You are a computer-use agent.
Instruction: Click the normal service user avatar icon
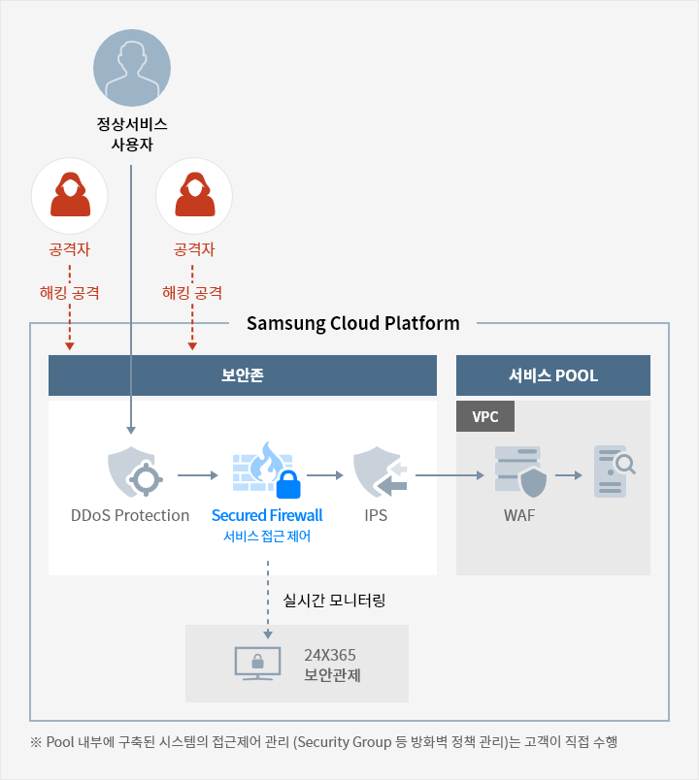pos(132,68)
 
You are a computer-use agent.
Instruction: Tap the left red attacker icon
pos(70,196)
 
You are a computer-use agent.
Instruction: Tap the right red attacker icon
pos(194,196)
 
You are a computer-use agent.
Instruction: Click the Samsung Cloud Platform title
pos(353,323)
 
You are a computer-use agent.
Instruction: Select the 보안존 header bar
pos(243,375)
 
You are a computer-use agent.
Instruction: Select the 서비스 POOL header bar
pos(553,375)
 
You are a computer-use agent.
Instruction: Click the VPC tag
pos(485,416)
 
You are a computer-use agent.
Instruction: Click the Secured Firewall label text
pos(267,515)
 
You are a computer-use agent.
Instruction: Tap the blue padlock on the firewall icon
pos(288,484)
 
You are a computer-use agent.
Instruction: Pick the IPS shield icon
pos(381,472)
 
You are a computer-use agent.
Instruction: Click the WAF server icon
pos(520,471)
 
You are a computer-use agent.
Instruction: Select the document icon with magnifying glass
pos(615,471)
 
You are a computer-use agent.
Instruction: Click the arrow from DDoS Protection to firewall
pos(198,475)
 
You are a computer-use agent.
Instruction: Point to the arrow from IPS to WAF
pos(449,475)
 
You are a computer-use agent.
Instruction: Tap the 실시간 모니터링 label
pos(334,601)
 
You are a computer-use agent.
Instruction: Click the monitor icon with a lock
pos(258,664)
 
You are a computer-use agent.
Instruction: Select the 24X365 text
pos(330,655)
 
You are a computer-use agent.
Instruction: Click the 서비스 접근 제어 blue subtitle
pos(267,536)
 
